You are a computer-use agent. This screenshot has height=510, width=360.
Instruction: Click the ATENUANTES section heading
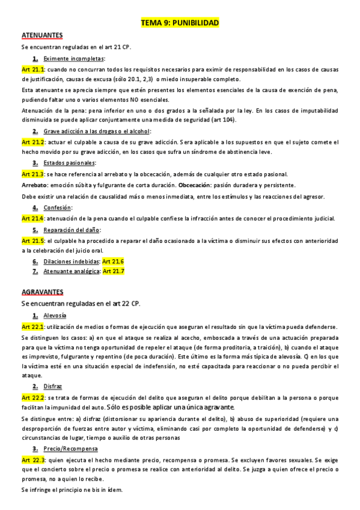click(43, 36)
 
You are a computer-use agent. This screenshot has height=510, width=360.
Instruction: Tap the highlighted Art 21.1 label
click(33, 70)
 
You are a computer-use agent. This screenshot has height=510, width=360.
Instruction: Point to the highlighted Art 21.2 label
click(33, 142)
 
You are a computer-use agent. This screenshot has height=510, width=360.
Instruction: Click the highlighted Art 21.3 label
click(33, 174)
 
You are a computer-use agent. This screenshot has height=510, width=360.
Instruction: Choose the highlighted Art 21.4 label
click(33, 218)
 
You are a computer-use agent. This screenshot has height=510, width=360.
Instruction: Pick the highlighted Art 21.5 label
click(33, 241)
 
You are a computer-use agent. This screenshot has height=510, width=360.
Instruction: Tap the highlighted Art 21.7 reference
click(114, 271)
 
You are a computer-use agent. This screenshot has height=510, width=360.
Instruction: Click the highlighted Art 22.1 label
click(33, 327)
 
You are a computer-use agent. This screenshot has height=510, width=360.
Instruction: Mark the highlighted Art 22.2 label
click(33, 398)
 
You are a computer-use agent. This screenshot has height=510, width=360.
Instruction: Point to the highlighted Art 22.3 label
click(33, 459)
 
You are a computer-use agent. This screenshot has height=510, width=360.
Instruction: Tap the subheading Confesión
click(58, 207)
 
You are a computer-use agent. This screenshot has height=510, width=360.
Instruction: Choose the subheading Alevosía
click(55, 316)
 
